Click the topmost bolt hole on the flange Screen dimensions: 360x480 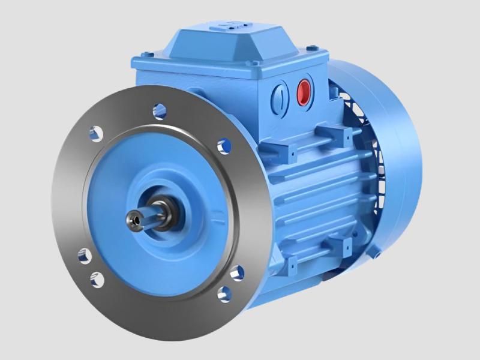coord(160,110)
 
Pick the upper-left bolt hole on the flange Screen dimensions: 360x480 coord(95,133)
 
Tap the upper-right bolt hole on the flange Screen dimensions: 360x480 coord(224,146)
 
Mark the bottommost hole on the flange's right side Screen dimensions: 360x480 coord(224,293)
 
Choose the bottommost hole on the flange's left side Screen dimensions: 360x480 coord(97,279)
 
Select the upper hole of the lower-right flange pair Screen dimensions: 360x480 coord(236,273)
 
